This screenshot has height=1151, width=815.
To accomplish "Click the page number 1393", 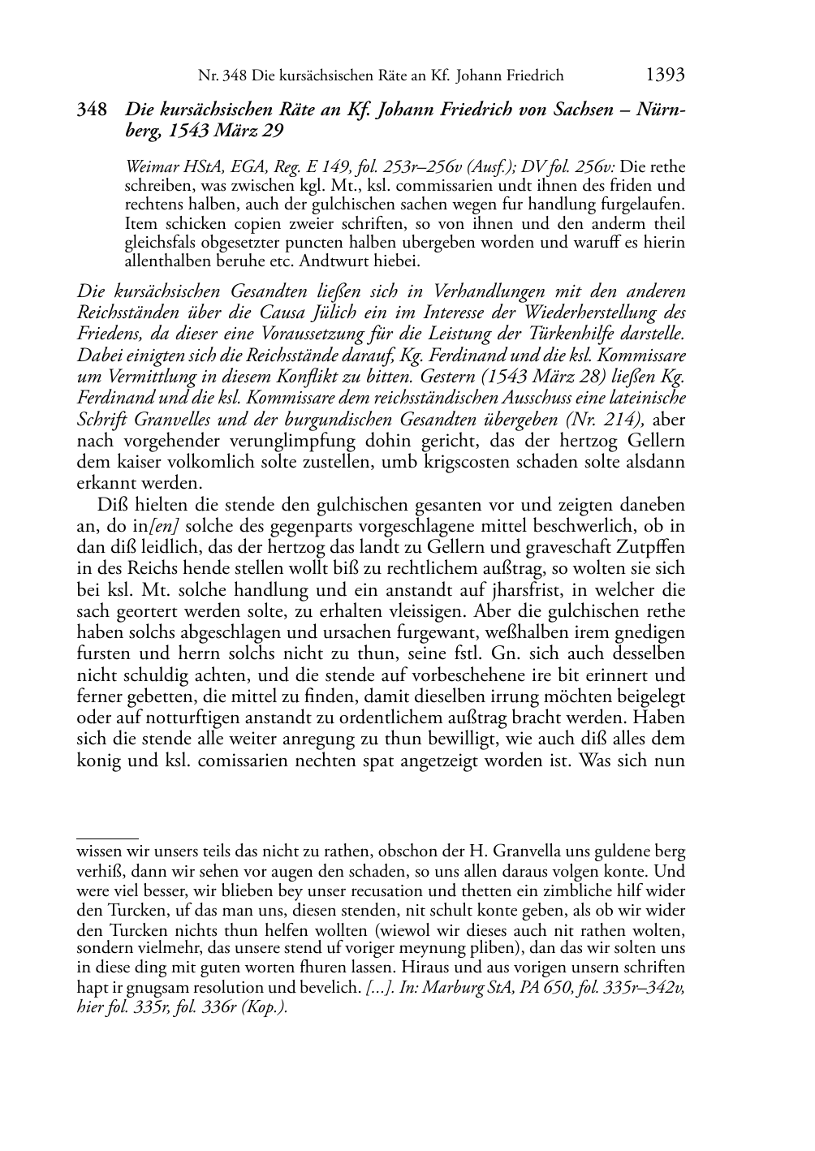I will pos(665,75).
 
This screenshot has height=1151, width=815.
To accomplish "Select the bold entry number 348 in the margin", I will pos(92,110).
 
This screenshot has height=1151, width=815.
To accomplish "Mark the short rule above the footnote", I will pos(107,835).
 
